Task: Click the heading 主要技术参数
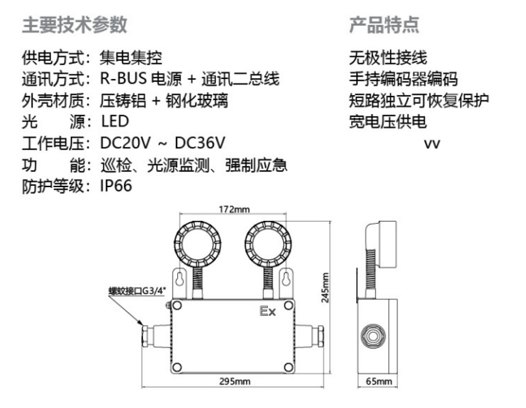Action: click(x=74, y=25)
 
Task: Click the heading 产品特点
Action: click(x=384, y=25)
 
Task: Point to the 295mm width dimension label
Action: click(x=235, y=381)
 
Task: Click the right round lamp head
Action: click(x=267, y=243)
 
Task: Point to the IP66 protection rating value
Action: click(x=116, y=186)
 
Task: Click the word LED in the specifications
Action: click(x=115, y=122)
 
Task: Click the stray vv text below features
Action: click(x=432, y=144)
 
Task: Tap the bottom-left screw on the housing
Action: click(x=177, y=366)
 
